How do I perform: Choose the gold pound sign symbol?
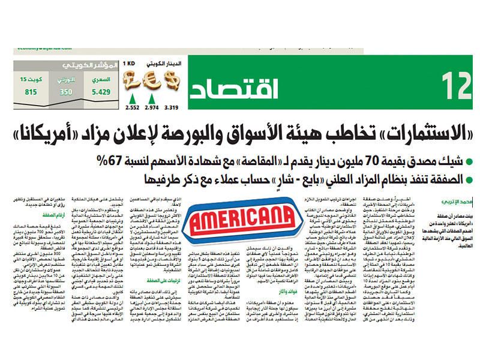coord(131,80)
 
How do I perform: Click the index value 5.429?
coord(100,92)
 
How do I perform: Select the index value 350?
coord(66,92)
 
